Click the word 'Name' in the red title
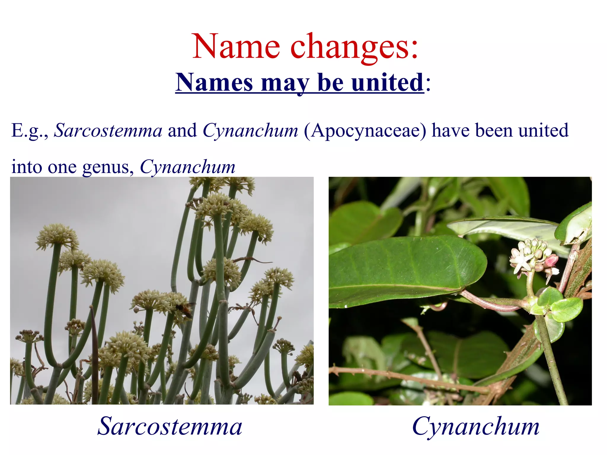236,47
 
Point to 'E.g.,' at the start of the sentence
29,131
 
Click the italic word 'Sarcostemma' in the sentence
108,131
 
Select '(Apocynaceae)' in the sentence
365,131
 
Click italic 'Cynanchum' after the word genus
187,167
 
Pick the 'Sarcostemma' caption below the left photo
170,427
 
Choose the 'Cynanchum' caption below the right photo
476,427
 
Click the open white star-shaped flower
519,262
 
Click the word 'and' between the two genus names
182,131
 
